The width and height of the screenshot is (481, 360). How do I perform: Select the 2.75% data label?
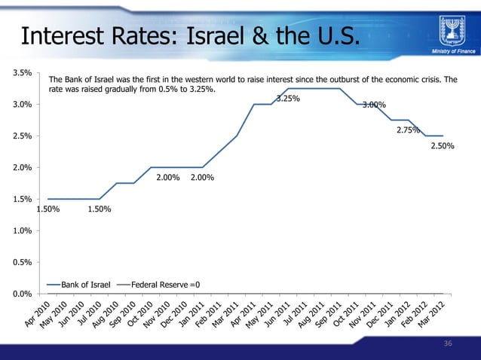pyautogui.click(x=408, y=130)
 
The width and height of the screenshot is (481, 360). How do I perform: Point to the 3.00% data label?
pyautogui.click(x=374, y=105)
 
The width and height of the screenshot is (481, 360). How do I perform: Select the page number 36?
pyautogui.click(x=448, y=343)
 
